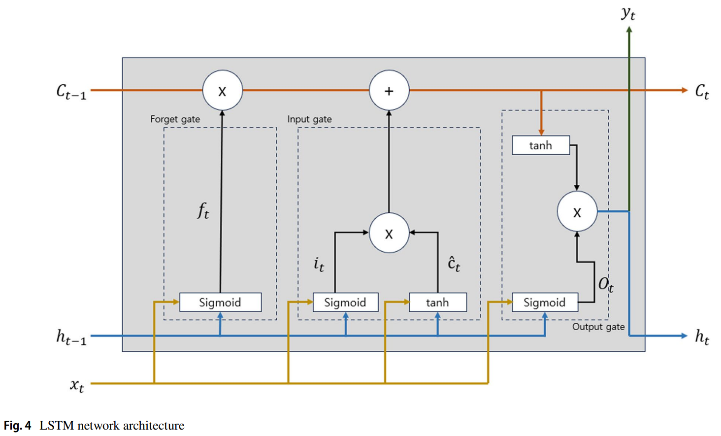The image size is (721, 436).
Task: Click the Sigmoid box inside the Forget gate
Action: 220,302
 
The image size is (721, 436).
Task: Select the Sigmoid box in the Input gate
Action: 345,302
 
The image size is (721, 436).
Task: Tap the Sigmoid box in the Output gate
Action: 545,302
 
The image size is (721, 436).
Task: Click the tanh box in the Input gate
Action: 437,302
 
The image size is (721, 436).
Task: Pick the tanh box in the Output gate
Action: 541,145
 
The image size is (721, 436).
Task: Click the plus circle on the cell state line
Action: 389,91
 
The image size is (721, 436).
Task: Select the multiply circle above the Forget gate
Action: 222,91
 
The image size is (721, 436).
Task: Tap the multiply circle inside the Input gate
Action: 389,233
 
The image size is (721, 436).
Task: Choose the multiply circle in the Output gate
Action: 577,212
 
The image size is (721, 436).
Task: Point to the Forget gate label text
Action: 175,119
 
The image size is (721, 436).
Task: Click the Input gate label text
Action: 309,119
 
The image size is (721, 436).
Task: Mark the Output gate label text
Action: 598,327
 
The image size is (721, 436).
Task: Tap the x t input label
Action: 77,385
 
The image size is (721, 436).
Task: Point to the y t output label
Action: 628,13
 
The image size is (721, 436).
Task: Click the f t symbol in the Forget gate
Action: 203,211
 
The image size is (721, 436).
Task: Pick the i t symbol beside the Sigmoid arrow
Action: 319,265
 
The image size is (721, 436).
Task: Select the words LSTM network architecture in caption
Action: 112,426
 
